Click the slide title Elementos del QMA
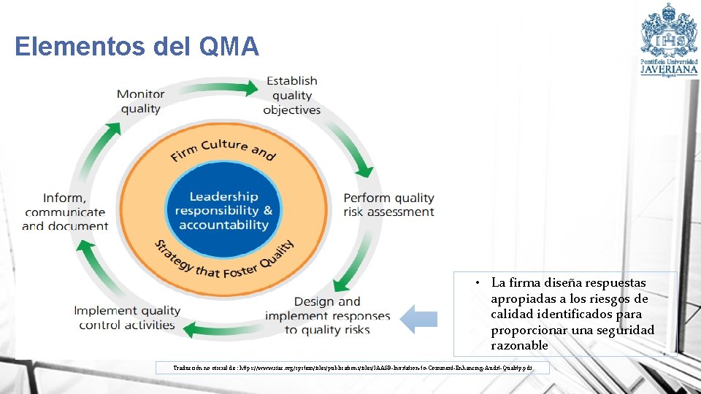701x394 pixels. [137, 47]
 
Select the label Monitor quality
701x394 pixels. [140, 101]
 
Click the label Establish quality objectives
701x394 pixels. [291, 96]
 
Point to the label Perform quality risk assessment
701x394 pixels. [388, 205]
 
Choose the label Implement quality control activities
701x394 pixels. [127, 318]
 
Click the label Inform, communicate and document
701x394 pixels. [65, 212]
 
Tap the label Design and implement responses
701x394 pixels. [327, 315]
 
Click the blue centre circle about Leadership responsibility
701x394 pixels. [223, 210]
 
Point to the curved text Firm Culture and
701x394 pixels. [223, 149]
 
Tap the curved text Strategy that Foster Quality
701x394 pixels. [223, 260]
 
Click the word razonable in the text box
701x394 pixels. [519, 345]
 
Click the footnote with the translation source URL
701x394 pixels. [352, 368]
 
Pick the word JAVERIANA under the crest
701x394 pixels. [669, 71]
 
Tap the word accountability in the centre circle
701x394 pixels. [223, 225]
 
